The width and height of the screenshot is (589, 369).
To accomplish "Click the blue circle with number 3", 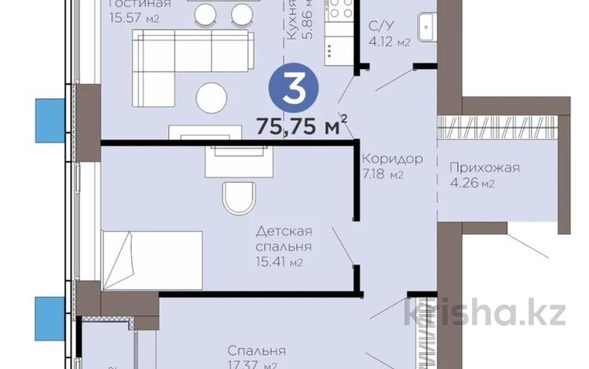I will pyautogui.click(x=294, y=92).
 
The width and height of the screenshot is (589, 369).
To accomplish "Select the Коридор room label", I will pyautogui.click(x=392, y=159).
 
